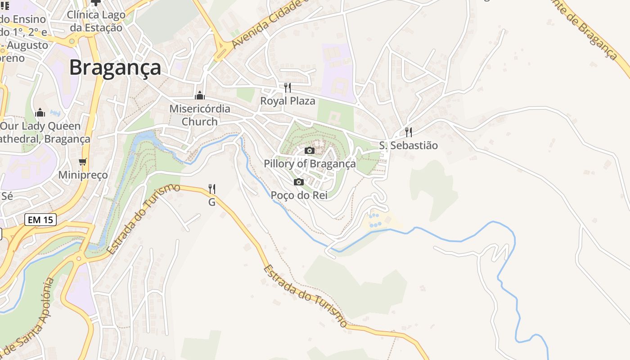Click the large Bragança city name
[115, 67]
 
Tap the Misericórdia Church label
[199, 115]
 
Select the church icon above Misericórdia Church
[199, 95]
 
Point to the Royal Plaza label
[288, 101]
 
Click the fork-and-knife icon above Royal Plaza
[287, 87]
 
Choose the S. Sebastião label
[408, 145]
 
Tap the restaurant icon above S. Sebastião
[408, 132]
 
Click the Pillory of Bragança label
[310, 163]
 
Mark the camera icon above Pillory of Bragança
[310, 150]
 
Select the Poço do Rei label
[299, 195]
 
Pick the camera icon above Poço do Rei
[298, 182]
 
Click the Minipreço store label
[83, 175]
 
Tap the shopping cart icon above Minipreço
[82, 162]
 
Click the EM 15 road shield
[40, 220]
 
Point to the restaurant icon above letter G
[212, 189]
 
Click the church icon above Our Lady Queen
[40, 112]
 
